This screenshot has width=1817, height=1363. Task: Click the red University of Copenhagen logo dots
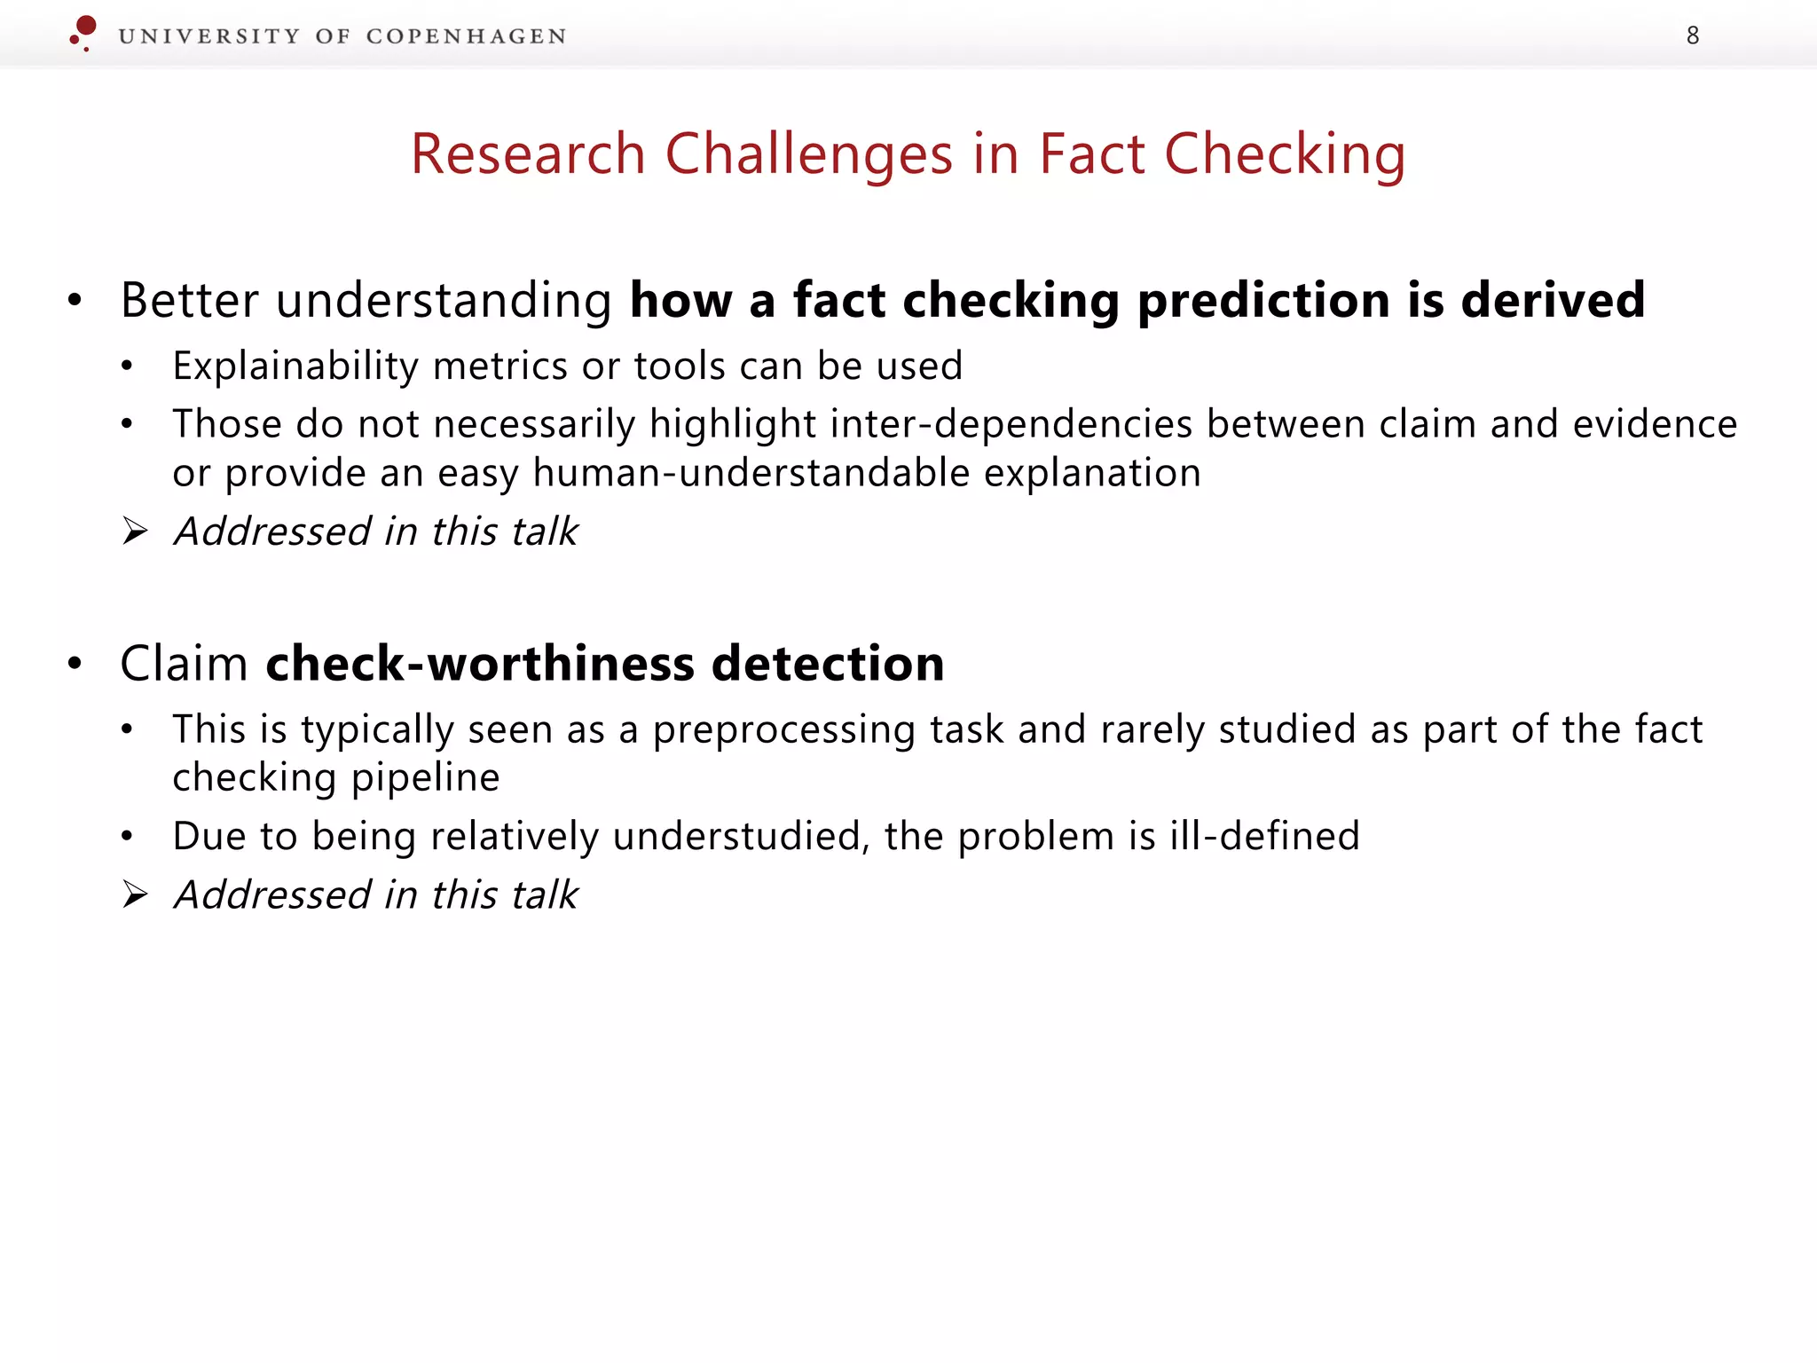[83, 32]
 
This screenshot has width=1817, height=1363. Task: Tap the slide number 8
[1693, 35]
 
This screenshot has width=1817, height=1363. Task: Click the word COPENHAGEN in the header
[466, 36]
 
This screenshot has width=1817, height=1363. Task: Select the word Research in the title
[528, 154]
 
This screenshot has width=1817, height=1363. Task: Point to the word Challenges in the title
[809, 154]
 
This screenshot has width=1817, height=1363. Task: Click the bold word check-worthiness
[480, 664]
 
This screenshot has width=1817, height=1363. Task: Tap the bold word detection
[828, 664]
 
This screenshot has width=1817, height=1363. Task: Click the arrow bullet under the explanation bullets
[136, 532]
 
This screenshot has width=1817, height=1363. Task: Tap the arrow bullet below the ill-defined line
[136, 894]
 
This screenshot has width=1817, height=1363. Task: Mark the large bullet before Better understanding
[75, 301]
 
